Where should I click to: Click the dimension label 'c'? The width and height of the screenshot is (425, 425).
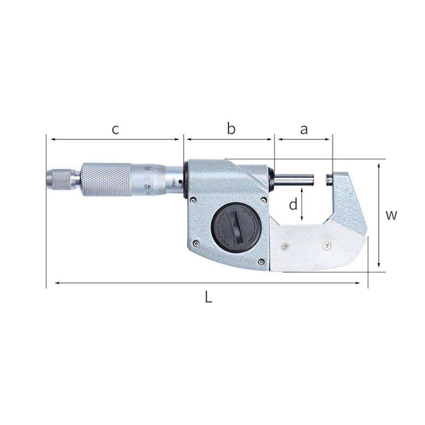point(115,129)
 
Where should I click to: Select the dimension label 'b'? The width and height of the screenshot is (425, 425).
point(231,129)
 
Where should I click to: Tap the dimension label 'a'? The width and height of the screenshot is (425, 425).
point(303,129)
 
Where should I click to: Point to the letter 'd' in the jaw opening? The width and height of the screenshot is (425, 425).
point(293,205)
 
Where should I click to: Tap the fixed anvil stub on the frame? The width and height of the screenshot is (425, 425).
point(328,178)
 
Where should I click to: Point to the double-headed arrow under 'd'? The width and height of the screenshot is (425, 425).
point(302,205)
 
